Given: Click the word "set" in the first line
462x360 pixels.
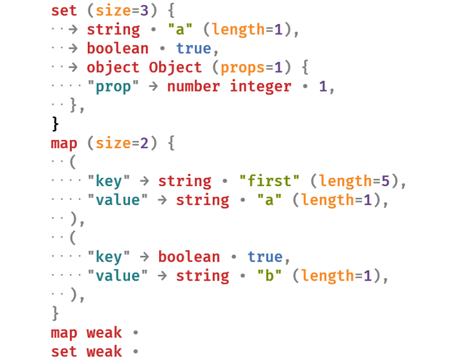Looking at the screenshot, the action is point(64,11).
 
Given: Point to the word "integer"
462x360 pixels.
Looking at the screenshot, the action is point(261,86).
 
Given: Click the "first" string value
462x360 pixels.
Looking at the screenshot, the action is point(269,181).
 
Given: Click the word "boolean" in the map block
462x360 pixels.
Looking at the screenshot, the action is point(189,257).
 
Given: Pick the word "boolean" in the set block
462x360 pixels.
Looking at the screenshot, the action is point(117,49).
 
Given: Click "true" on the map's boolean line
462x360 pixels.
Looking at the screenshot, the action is point(265,257).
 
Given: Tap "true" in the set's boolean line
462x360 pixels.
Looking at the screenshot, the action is point(194,49).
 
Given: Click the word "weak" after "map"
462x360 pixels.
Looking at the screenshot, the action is point(104,332).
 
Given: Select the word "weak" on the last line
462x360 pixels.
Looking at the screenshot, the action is point(104,351).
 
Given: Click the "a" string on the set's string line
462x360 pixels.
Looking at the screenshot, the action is point(180,30).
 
